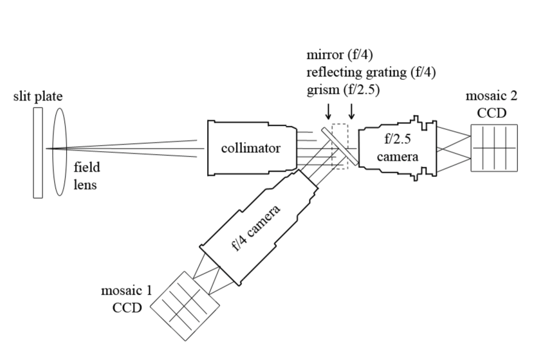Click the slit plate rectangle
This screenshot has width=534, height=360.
[38, 152]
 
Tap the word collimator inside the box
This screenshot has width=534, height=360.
[250, 149]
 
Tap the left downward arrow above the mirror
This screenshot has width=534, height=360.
[329, 112]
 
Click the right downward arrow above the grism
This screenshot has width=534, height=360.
[351, 112]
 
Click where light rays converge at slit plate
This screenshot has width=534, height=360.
[47, 148]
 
